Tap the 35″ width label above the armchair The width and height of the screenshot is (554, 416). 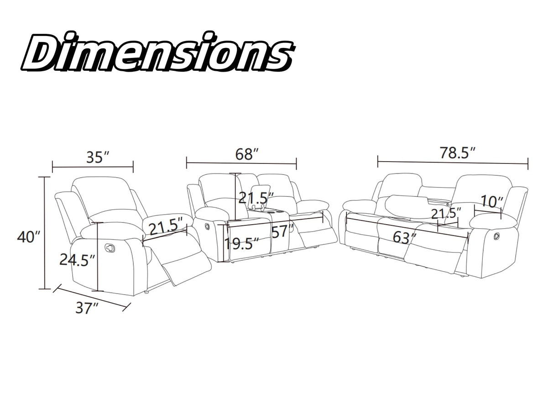point(98,157)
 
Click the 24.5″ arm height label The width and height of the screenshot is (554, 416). point(77,260)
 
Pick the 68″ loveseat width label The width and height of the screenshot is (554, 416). point(247,154)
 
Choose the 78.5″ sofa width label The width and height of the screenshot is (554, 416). point(458,153)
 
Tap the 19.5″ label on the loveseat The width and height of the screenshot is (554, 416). point(241,243)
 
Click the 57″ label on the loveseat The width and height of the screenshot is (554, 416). point(282,232)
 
